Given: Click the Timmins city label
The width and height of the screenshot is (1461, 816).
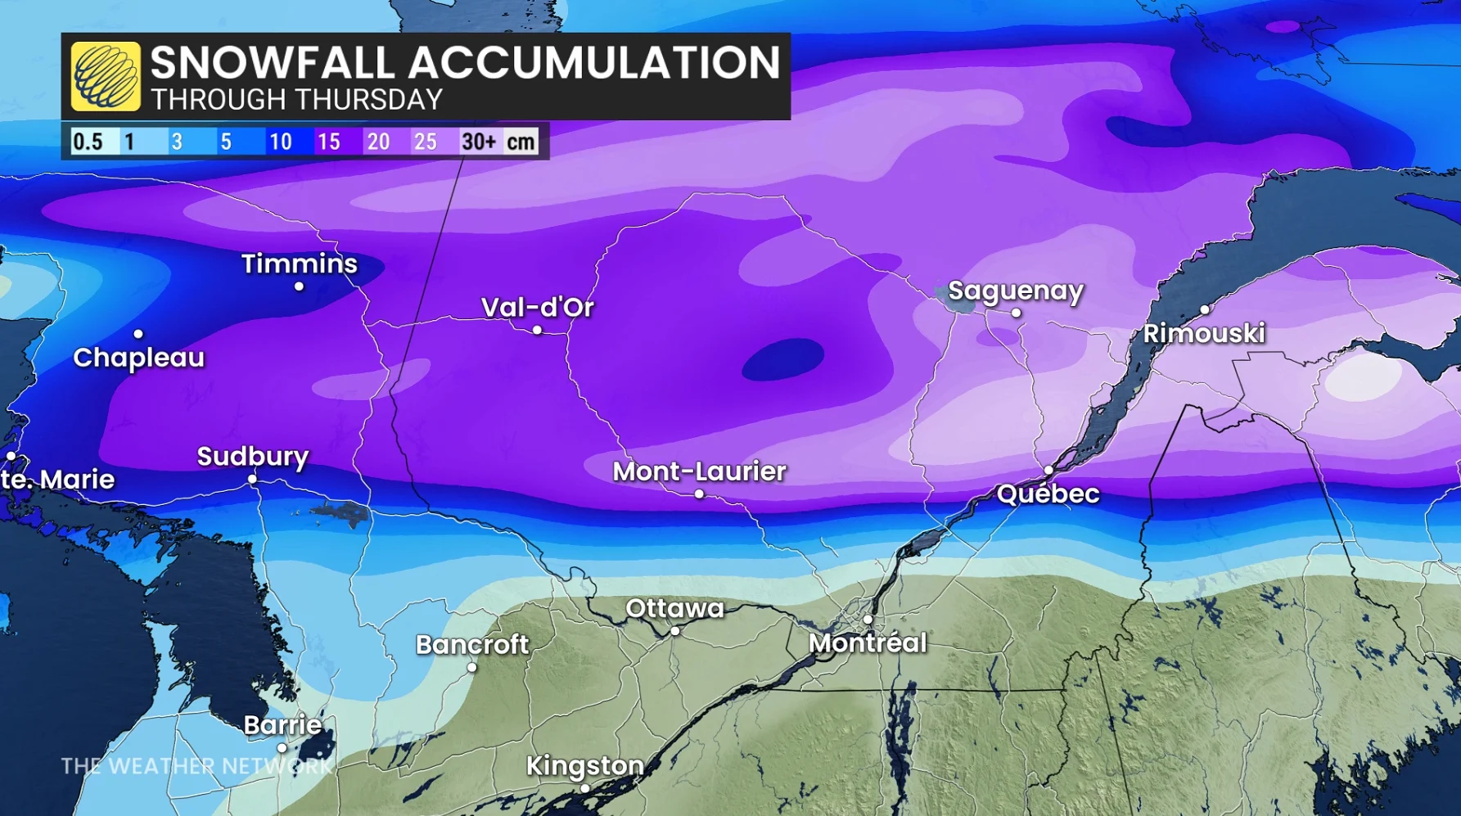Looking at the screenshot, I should coord(299,264).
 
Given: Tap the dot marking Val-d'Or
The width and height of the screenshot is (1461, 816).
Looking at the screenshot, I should coord(537,330).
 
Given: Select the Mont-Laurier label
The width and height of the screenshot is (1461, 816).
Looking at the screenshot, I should coord(699,471).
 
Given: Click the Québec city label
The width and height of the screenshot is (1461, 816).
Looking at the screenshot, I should coord(1048,494).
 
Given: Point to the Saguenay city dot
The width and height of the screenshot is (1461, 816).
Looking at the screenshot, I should coord(1016,313).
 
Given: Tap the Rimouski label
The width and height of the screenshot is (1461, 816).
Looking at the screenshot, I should coord(1203,333).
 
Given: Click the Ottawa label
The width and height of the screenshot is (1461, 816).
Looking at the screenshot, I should coord(674,608).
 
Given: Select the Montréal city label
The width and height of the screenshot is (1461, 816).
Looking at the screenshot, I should coord(868,642).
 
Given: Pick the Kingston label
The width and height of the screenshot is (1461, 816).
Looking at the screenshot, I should coord(584,765).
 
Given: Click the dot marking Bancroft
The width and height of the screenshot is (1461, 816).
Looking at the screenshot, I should coord(471,668).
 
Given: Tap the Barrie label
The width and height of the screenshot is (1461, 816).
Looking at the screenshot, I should coord(282,724).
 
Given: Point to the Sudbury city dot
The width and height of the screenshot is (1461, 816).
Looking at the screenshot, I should coord(252,479).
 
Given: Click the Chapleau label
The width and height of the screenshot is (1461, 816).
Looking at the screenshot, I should coord(138,358).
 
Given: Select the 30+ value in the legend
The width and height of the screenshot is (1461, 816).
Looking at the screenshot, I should coord(478,142).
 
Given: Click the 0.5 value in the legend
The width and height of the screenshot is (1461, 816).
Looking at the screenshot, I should coord(88,142).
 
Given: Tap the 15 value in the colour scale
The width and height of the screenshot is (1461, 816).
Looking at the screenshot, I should coord(328,142).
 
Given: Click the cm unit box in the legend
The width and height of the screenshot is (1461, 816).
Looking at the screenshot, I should coord(521,142).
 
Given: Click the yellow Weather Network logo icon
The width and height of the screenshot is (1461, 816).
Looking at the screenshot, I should coord(105,76).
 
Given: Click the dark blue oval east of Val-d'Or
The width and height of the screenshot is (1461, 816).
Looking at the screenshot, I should coord(782,358).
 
